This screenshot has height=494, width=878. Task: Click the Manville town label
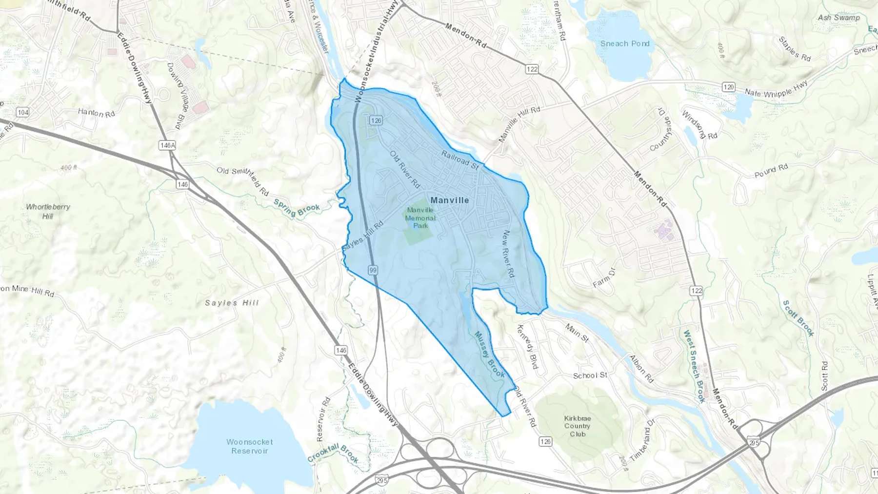(449, 200)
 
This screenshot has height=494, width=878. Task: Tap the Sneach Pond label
(625, 43)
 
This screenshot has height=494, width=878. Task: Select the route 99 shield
(373, 270)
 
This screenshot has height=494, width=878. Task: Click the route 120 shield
(728, 87)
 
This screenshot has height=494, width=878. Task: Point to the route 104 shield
(22, 112)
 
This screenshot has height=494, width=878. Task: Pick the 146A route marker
(167, 145)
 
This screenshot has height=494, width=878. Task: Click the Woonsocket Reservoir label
(249, 446)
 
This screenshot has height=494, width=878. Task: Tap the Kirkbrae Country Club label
(578, 426)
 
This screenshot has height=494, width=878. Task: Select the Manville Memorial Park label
(420, 217)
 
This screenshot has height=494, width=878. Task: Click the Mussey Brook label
(490, 355)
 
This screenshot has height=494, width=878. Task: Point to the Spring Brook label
(297, 211)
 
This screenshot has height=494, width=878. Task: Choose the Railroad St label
(459, 159)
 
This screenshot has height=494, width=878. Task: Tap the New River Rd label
(508, 254)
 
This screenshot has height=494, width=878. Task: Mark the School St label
(590, 375)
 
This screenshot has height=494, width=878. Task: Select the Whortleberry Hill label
(48, 211)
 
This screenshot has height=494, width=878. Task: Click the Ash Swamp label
(839, 18)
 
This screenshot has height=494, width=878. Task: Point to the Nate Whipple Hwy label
(776, 90)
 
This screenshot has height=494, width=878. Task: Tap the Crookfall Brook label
(333, 454)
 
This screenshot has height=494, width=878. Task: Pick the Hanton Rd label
(96, 113)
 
